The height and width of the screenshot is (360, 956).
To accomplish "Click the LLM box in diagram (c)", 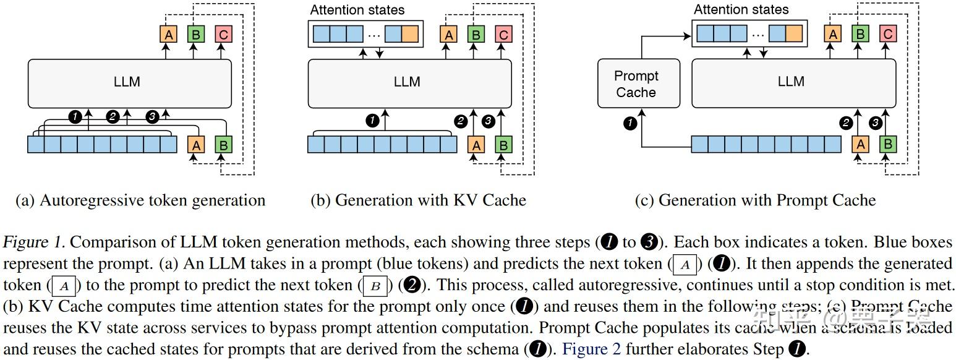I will [791, 81].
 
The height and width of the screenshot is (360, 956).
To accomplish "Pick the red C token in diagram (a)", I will [223, 35].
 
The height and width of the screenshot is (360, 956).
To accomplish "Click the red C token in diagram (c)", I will [887, 35].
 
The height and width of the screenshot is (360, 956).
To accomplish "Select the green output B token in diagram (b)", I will [476, 35].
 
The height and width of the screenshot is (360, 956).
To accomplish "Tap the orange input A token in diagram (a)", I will [195, 145].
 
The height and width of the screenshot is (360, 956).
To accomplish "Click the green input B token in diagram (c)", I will [887, 145].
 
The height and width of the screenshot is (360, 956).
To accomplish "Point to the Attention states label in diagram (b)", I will [357, 10].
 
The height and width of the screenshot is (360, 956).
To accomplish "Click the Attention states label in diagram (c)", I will [741, 10].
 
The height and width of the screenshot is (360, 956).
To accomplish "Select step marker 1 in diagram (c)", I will [630, 124].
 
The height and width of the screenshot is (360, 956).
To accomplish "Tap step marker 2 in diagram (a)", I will [112, 116].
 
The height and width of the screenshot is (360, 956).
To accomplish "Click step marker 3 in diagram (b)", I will [489, 122].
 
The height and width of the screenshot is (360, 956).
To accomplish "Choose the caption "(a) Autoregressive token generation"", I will [140, 200].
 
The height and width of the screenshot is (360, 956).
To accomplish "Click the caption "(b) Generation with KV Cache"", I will [418, 200].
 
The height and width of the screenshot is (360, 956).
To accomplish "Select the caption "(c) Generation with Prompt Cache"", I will [755, 200].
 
